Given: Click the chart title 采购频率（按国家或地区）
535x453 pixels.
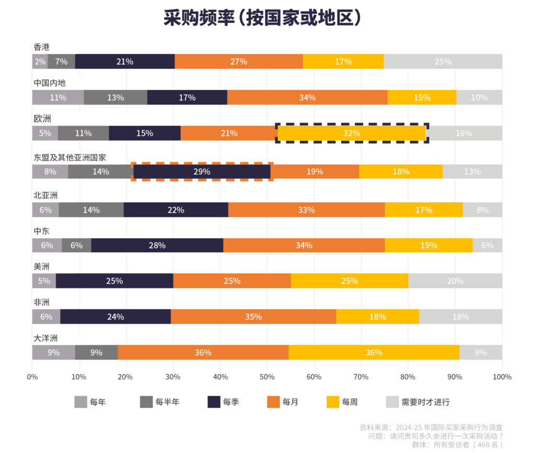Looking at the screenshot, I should click(x=262, y=19).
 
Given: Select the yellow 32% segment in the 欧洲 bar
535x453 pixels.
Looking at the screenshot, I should click(x=352, y=133).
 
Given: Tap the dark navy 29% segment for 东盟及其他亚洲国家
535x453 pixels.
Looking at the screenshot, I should click(x=202, y=171).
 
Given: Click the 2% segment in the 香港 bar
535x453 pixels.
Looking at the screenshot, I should click(x=40, y=62).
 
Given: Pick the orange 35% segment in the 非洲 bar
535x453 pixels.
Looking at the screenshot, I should click(x=253, y=317).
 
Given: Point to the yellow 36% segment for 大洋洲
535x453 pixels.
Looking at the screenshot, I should click(x=374, y=353).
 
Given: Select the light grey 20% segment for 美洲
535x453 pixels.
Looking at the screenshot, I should click(x=455, y=281).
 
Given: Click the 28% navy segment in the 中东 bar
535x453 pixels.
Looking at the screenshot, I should click(x=157, y=246).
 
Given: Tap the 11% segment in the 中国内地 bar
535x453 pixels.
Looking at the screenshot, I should click(x=58, y=98).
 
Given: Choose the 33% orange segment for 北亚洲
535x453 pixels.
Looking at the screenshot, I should click(x=306, y=210).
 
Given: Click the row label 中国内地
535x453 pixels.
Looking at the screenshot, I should click(x=50, y=83).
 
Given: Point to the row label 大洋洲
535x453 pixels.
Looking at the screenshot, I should click(x=45, y=338).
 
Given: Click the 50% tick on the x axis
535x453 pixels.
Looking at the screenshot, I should click(x=267, y=376).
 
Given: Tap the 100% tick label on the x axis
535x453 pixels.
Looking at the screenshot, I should click(x=502, y=376).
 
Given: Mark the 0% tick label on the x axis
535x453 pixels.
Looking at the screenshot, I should click(x=32, y=376).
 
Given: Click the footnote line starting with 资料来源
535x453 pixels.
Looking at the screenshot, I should click(x=431, y=427).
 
